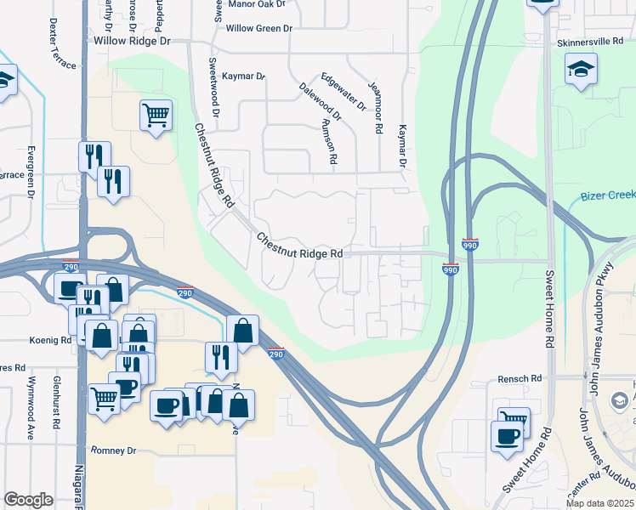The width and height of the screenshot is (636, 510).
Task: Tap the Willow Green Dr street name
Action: click(258, 28)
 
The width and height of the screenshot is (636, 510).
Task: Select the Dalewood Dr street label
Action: click(320, 100)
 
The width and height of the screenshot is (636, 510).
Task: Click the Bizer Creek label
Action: click(608, 195)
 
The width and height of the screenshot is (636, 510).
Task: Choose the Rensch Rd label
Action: click(520, 378)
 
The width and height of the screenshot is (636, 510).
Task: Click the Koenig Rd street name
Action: click(54, 340)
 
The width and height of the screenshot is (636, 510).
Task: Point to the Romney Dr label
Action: click(112, 450)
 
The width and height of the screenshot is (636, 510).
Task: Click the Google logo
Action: click(28, 500)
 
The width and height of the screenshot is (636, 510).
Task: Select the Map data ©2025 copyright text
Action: click(599, 503)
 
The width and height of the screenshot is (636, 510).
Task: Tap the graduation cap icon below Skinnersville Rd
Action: click(582, 69)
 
